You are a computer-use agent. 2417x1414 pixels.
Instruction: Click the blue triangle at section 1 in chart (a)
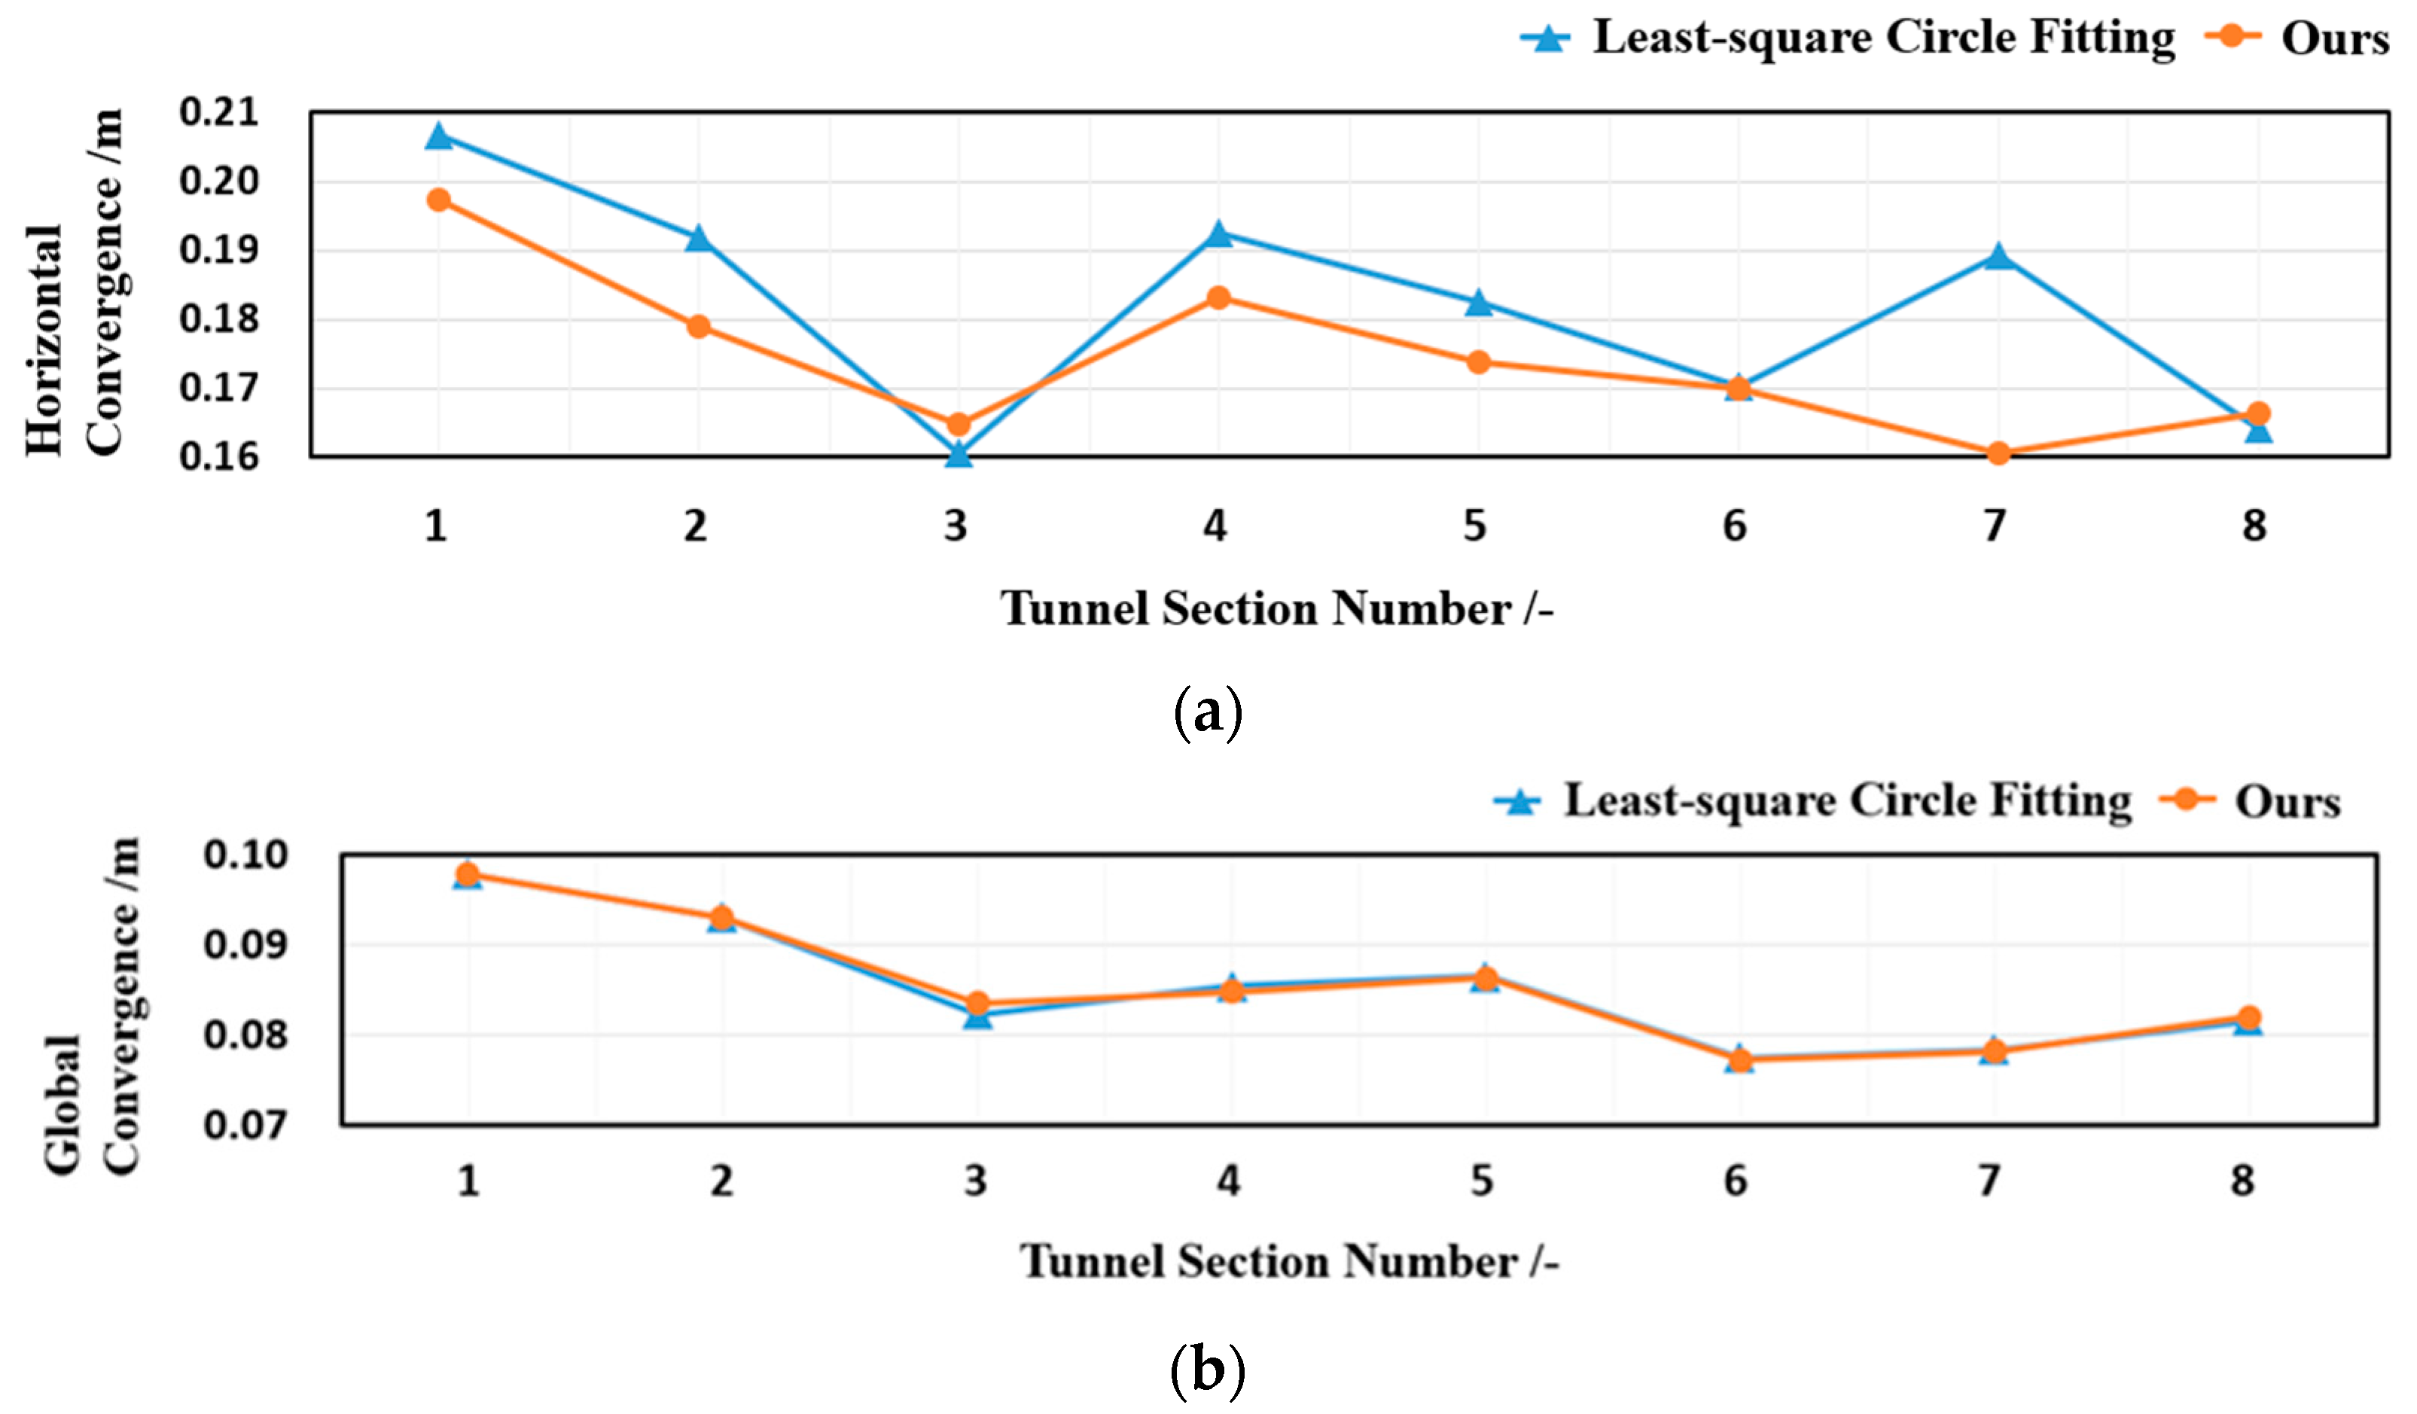pyautogui.click(x=438, y=136)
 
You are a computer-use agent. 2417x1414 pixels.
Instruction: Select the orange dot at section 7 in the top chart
pyautogui.click(x=1998, y=453)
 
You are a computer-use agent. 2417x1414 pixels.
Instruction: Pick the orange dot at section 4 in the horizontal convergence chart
pyautogui.click(x=1218, y=297)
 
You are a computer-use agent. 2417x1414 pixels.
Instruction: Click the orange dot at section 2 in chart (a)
pyautogui.click(x=698, y=326)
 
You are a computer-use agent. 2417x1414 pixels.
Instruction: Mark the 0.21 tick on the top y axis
pyautogui.click(x=218, y=112)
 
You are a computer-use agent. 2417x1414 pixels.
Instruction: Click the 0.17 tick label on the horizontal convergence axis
pyautogui.click(x=218, y=389)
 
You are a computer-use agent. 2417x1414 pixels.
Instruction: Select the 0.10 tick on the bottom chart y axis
pyautogui.click(x=245, y=855)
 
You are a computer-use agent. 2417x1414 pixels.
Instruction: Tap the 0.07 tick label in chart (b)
pyautogui.click(x=245, y=1124)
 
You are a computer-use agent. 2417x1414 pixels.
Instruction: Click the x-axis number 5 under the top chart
pyautogui.click(x=1474, y=526)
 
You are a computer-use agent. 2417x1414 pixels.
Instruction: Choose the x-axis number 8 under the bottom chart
pyautogui.click(x=2242, y=1180)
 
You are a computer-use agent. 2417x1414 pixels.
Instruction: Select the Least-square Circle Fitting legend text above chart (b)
pyautogui.click(x=1847, y=801)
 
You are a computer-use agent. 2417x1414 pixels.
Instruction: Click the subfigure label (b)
pyautogui.click(x=1208, y=1369)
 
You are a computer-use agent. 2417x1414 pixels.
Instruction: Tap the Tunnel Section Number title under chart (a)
pyautogui.click(x=1276, y=609)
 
